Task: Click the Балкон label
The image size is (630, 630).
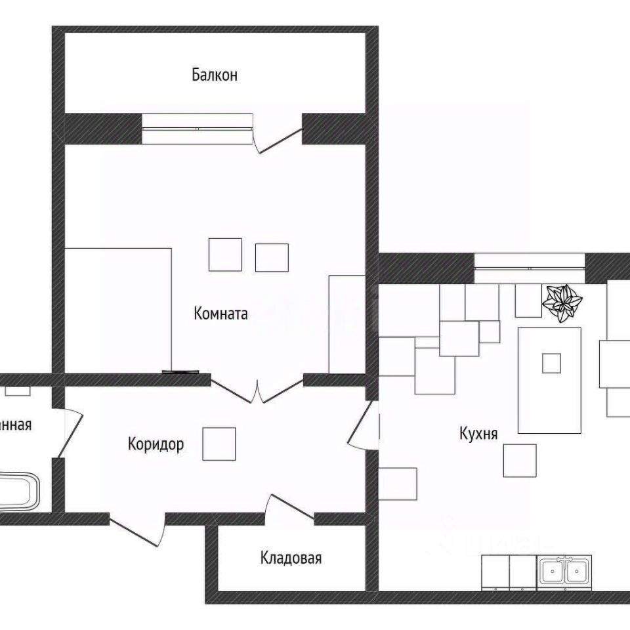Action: (x=215, y=75)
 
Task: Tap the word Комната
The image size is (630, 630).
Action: (x=220, y=314)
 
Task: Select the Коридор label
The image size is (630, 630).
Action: (x=156, y=444)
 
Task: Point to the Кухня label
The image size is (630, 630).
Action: (x=478, y=434)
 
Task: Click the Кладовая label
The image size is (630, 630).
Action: (x=291, y=558)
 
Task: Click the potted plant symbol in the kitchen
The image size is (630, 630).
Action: (x=562, y=302)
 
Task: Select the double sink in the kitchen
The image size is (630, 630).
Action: (x=564, y=572)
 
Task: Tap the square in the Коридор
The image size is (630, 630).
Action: (x=219, y=443)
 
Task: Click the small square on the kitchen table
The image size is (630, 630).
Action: (x=551, y=363)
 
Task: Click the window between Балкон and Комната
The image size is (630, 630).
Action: (x=197, y=128)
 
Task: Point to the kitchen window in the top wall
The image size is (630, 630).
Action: (x=529, y=268)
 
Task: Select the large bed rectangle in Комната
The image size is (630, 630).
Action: (x=118, y=310)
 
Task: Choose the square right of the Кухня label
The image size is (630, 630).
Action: (x=520, y=460)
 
